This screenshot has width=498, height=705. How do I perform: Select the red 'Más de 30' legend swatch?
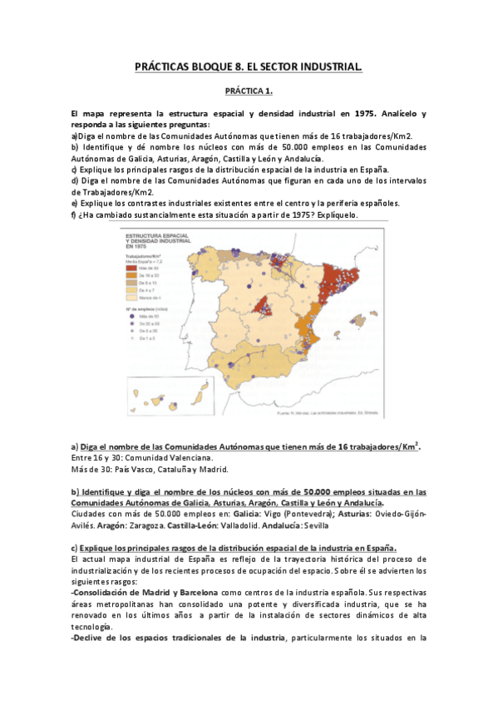pos(130,268)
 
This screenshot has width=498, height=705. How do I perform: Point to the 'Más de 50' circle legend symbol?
pos(130,318)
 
